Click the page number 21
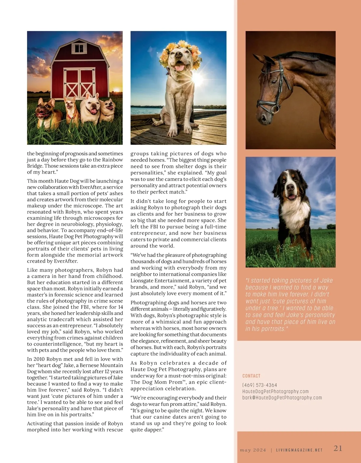(x=338, y=448)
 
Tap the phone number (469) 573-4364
(x=260, y=385)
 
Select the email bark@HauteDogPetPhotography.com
(x=282, y=398)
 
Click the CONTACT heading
(x=251, y=376)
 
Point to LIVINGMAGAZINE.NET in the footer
(x=299, y=450)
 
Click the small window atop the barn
(x=79, y=48)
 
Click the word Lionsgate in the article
(x=142, y=281)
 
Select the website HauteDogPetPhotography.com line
(x=275, y=391)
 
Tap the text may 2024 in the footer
(x=253, y=450)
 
